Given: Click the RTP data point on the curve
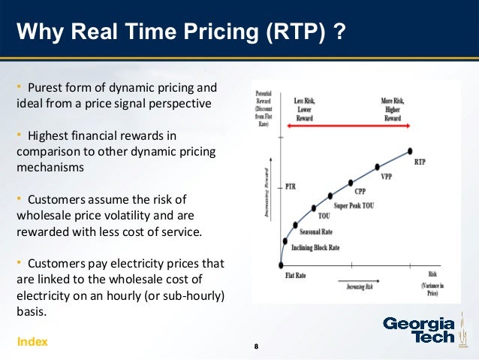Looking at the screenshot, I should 411,151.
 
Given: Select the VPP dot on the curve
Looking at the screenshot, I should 378,167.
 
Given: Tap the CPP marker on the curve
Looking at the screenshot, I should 350,183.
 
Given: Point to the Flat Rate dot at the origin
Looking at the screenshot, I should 280,265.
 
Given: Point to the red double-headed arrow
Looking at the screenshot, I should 346,128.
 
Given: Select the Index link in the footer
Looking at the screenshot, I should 32,342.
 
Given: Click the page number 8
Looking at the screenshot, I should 257,346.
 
